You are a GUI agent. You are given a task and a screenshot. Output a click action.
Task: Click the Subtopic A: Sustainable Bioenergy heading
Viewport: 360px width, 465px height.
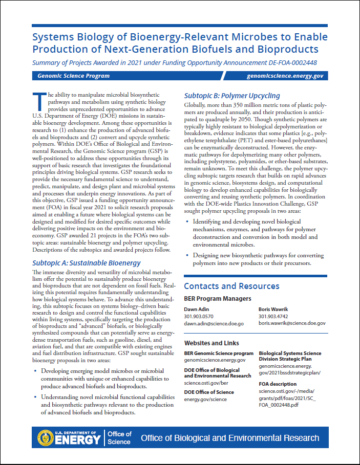coord(86,263)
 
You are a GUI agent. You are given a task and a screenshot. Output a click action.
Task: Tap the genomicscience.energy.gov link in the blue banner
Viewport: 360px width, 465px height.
coord(285,76)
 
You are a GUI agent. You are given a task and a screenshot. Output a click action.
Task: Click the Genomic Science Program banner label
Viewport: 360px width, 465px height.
coord(73,76)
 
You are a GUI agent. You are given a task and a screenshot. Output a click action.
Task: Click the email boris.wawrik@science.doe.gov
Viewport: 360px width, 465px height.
coord(291,323)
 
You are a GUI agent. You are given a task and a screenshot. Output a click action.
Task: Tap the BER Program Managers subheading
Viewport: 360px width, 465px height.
coord(218,298)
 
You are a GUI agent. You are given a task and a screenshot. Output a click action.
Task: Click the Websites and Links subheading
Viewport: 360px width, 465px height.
coord(211,343)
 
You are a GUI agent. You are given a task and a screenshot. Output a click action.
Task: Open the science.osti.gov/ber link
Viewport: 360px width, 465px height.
coord(206,382)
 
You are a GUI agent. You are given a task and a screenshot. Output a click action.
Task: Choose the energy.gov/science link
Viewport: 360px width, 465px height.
coord(206,399)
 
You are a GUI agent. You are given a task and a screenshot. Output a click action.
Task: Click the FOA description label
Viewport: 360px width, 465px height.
coord(277,384)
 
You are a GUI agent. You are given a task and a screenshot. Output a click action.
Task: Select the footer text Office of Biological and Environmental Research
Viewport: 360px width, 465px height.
coord(229,438)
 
